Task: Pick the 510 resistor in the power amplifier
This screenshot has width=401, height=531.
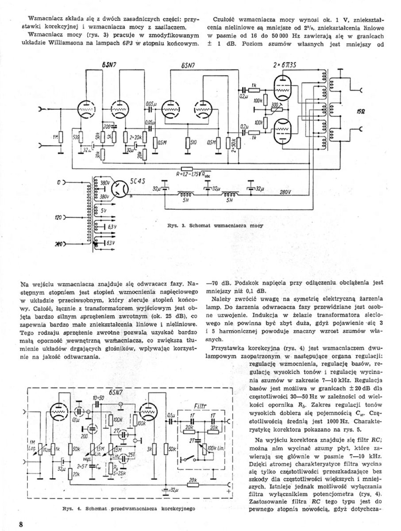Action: [x=188, y=142]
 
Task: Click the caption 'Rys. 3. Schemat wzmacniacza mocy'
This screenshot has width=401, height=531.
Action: [x=216, y=226]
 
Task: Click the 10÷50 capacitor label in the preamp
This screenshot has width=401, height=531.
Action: [x=98, y=397]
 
